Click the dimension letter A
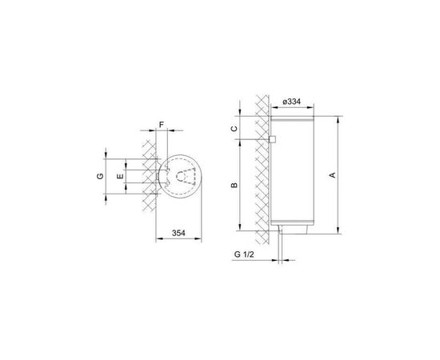tap(332, 175)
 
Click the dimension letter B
tap(234, 185)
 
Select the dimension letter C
tap(234, 129)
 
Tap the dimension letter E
tap(120, 176)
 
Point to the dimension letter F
tap(162, 125)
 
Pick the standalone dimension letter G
tap(100, 176)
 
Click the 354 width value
tap(178, 233)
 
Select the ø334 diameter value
tap(291, 102)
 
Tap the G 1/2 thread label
tap(244, 254)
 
